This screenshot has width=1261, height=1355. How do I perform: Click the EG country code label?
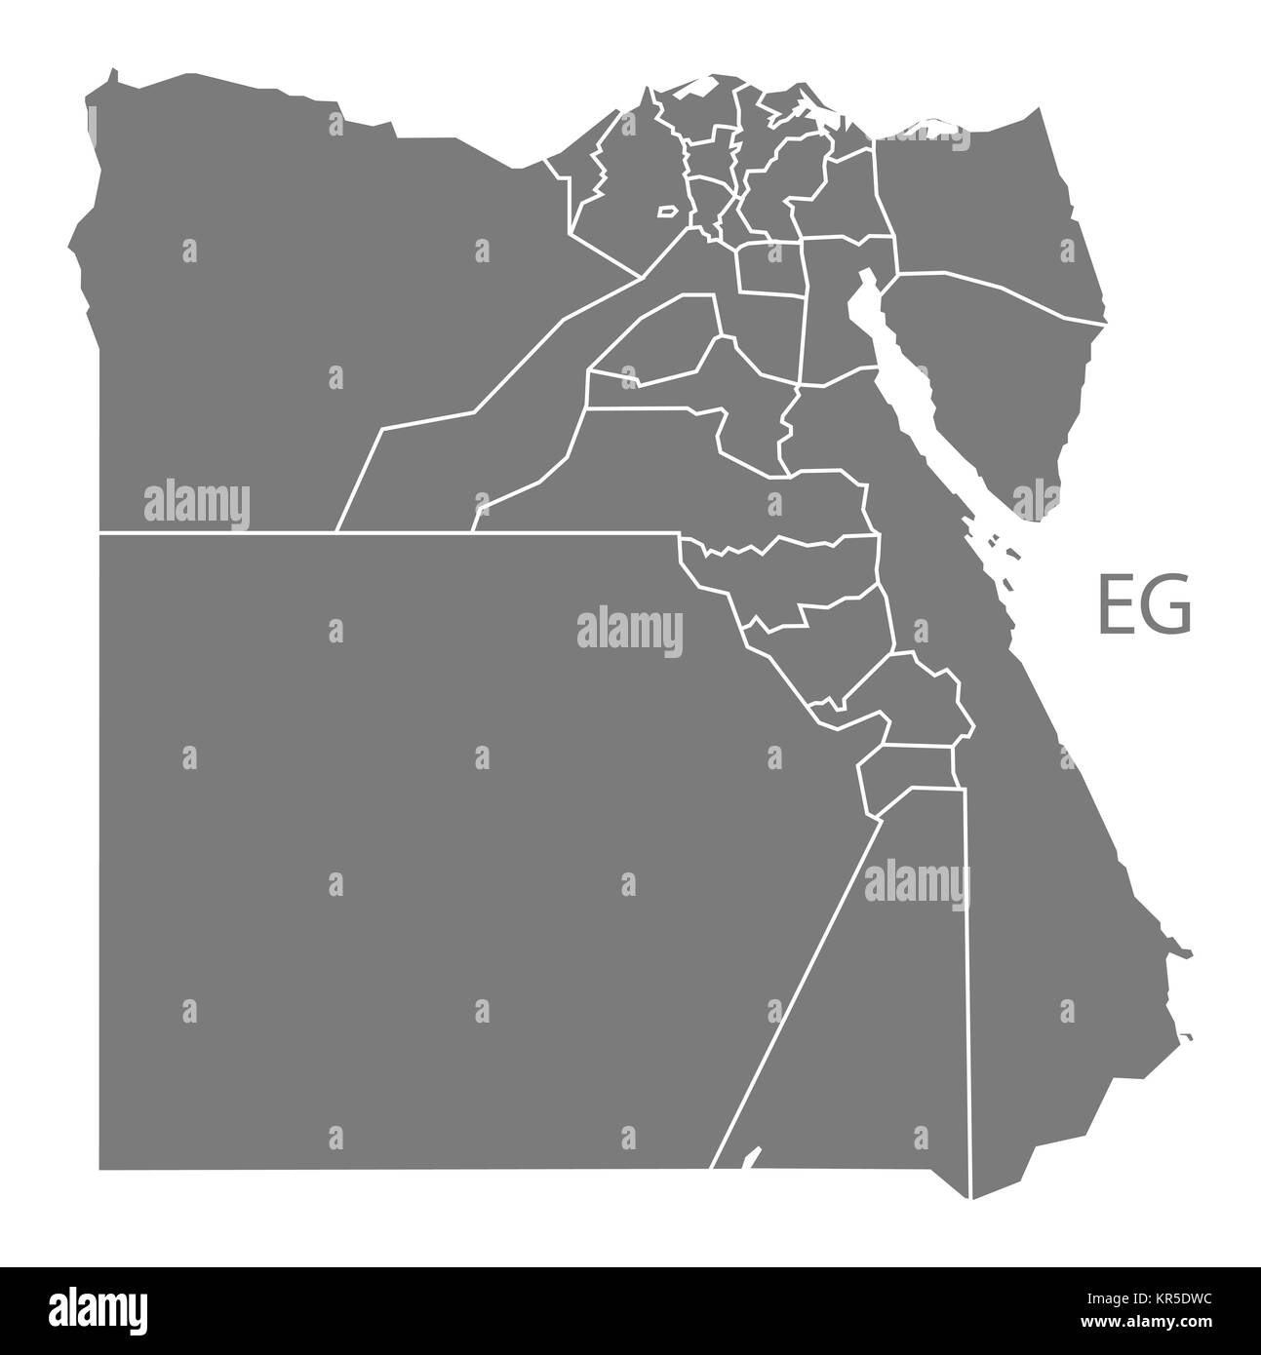coord(1145,605)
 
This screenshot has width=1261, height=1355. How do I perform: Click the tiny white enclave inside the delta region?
coord(667,210)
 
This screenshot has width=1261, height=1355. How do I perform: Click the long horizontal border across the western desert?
coord(390,533)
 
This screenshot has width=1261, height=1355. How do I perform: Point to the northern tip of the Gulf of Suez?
coord(863,276)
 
